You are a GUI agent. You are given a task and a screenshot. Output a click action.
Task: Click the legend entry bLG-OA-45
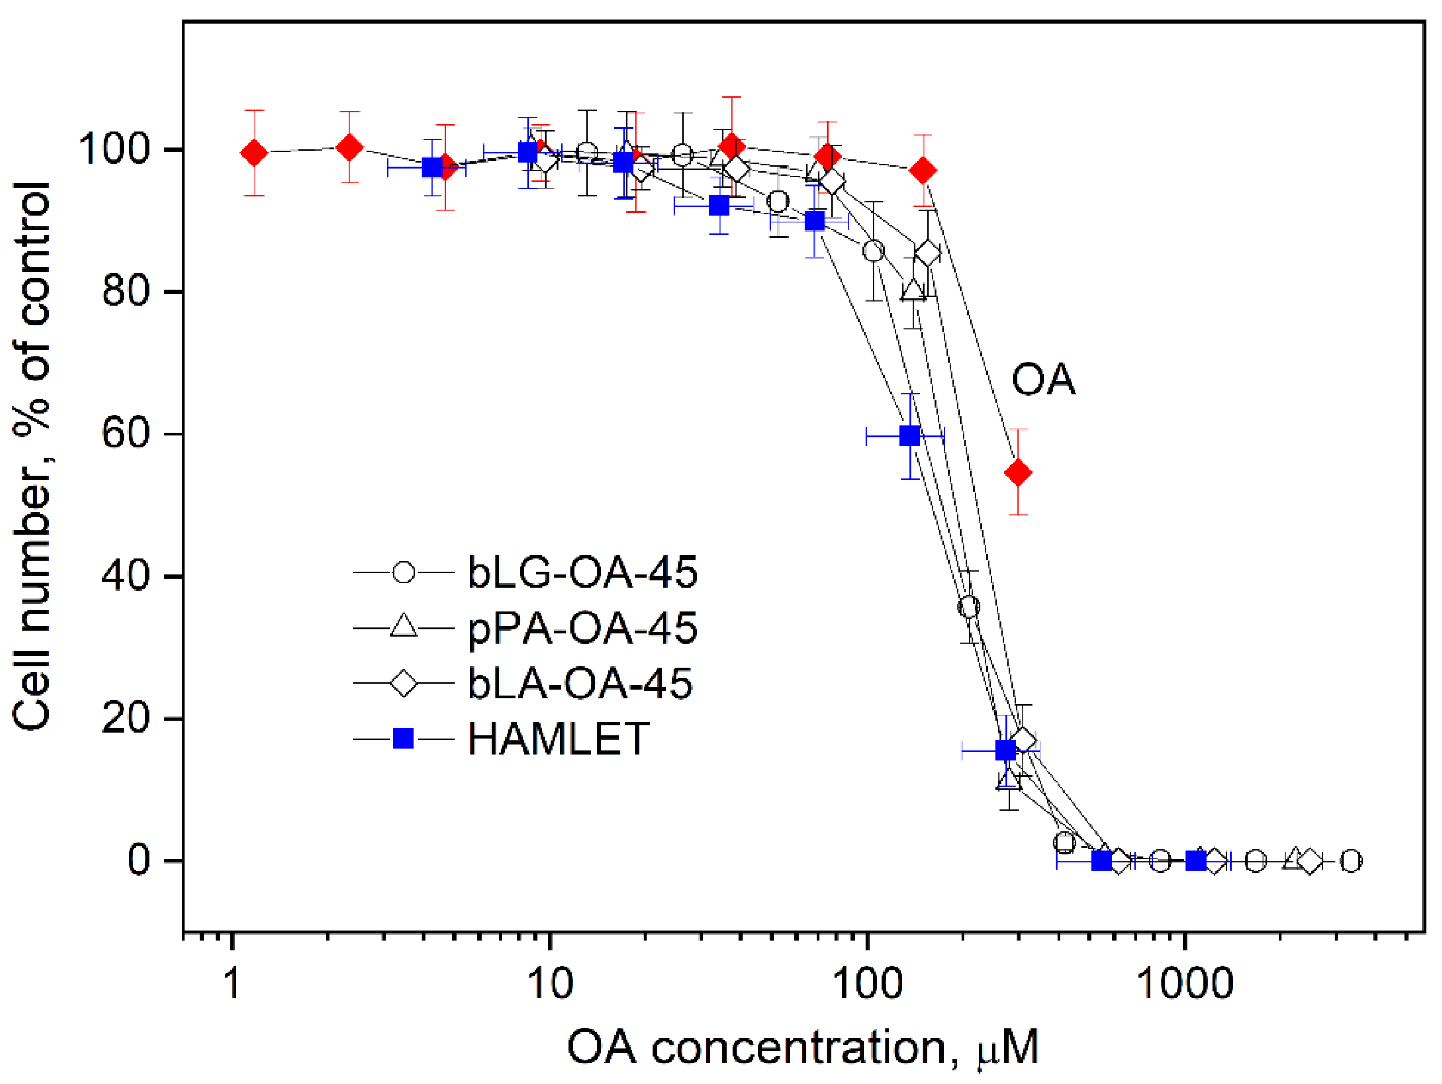(581, 573)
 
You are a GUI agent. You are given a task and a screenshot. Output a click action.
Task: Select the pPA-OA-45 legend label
(581, 629)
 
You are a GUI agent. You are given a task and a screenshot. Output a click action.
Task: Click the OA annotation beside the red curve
(1043, 380)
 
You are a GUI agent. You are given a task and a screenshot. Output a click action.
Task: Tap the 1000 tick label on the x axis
(1184, 983)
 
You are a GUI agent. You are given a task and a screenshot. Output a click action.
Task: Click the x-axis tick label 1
(232, 983)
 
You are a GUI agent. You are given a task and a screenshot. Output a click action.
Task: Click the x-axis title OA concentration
(803, 1048)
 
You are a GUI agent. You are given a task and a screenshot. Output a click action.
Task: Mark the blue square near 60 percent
(910, 435)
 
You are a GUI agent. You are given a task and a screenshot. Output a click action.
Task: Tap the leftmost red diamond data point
(254, 153)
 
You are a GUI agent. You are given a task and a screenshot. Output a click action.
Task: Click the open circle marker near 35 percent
(969, 607)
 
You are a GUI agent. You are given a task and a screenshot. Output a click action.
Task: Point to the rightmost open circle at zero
(1351, 861)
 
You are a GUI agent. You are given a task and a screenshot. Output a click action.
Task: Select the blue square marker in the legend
(403, 739)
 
